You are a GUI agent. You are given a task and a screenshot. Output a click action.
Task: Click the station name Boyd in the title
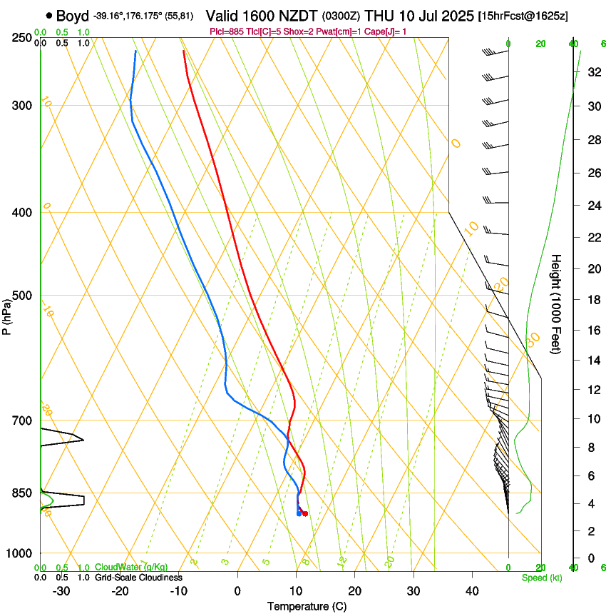coord(73,15)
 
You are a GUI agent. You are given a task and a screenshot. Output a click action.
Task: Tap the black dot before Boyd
coord(48,15)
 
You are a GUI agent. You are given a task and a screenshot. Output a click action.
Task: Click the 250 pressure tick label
coord(23,37)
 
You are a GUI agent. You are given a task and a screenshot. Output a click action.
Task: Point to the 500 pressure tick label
coord(23,296)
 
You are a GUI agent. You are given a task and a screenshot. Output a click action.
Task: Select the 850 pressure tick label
coord(23,493)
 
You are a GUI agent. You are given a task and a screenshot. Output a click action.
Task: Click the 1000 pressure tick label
coord(20,553)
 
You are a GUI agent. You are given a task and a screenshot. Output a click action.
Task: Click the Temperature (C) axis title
coord(307,606)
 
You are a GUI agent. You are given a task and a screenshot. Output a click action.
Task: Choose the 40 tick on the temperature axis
coord(472,590)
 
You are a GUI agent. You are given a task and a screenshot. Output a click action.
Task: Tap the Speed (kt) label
coord(541,578)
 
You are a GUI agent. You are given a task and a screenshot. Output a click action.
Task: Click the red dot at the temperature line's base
coord(305,513)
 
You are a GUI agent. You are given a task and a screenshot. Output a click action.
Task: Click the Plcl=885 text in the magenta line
coord(227,31)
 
